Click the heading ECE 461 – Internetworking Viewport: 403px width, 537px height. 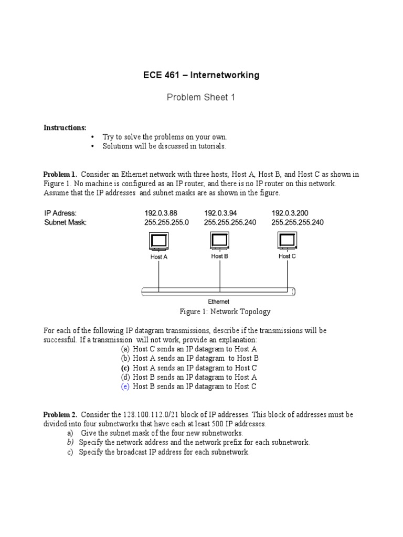pyautogui.click(x=201, y=75)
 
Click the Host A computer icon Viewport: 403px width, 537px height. pyautogui.click(x=158, y=242)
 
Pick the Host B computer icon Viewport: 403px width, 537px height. pyautogui.click(x=219, y=241)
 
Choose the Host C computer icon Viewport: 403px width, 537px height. pyautogui.click(x=287, y=241)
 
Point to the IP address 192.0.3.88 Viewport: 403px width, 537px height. pyautogui.click(x=161, y=213)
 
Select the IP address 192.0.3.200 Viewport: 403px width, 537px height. pyautogui.click(x=290, y=213)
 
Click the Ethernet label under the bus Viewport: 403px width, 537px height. pyautogui.click(x=219, y=302)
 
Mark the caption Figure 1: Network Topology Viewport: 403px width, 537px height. pyautogui.click(x=225, y=312)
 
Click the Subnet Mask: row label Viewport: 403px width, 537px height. pyautogui.click(x=65, y=222)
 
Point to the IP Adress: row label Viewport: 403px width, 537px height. pyautogui.click(x=60, y=213)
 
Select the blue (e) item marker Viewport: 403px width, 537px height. pyautogui.click(x=125, y=386)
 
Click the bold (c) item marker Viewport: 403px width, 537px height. pyautogui.click(x=125, y=368)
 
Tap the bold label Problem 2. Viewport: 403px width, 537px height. pyautogui.click(x=60, y=415)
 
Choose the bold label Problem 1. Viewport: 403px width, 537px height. pyautogui.click(x=60, y=174)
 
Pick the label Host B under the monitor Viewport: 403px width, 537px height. pyautogui.click(x=219, y=256)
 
